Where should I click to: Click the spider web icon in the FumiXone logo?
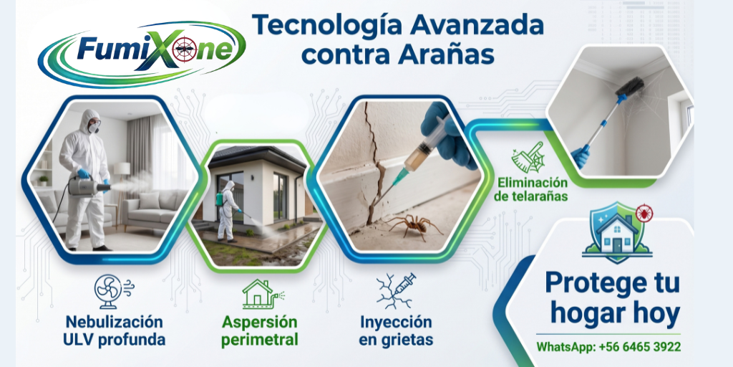click(185, 49)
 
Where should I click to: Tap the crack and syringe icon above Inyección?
click(396, 291)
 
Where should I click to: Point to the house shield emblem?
click(617, 232)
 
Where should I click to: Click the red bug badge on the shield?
click(645, 213)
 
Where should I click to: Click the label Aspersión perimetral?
click(259, 330)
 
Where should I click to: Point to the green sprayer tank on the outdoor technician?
click(219, 198)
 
